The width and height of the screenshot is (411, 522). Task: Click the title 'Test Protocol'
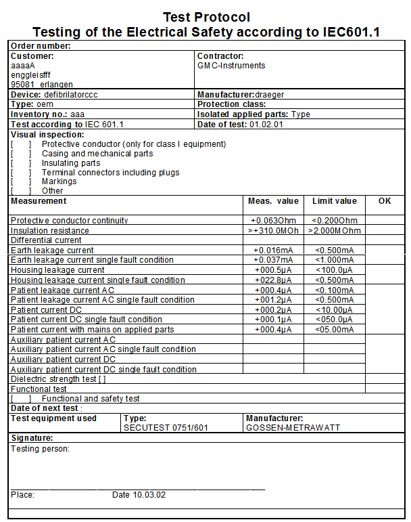tap(206, 17)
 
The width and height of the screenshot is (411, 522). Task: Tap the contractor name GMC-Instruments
tap(231, 66)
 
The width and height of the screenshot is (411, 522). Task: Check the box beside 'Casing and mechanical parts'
tap(21, 154)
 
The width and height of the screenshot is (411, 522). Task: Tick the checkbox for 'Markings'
tap(21, 181)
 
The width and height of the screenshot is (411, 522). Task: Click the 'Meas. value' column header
tap(273, 201)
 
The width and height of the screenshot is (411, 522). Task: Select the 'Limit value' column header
tap(334, 201)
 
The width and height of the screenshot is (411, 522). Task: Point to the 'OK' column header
tap(385, 201)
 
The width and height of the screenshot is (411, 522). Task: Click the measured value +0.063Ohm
tap(273, 221)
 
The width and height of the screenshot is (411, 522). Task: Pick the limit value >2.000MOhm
tap(335, 231)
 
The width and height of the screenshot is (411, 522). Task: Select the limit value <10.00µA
tap(334, 309)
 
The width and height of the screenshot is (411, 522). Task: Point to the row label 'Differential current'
tap(46, 240)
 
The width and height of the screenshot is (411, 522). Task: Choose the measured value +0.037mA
tap(272, 260)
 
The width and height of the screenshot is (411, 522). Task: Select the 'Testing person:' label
tap(41, 448)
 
